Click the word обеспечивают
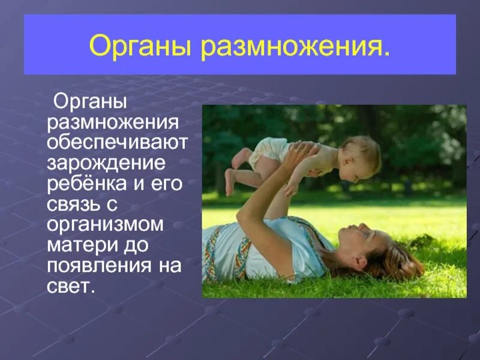[118, 142]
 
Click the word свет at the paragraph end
[70, 285]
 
